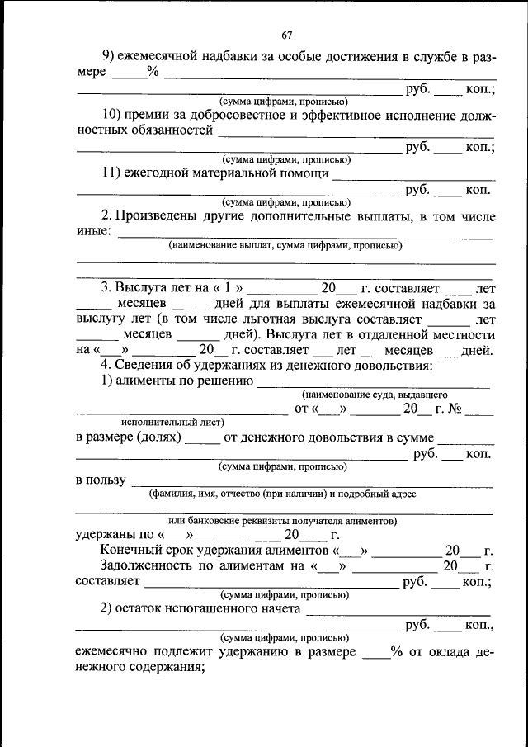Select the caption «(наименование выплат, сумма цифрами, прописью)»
point(285,245)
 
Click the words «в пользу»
point(101,480)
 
